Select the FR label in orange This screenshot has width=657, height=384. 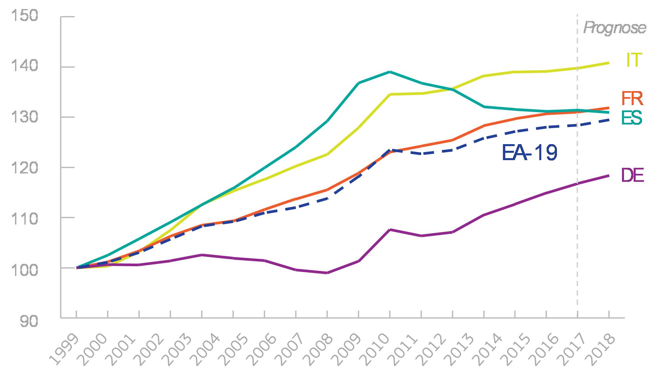pyautogui.click(x=632, y=99)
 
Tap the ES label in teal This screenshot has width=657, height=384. pyautogui.click(x=632, y=118)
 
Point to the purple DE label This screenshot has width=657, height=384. pyautogui.click(x=632, y=175)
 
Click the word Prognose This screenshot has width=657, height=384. pyautogui.click(x=614, y=28)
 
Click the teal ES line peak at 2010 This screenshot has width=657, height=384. pyautogui.click(x=390, y=72)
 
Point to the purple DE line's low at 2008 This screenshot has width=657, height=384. pyautogui.click(x=327, y=273)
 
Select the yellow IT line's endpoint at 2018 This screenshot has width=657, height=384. pyautogui.click(x=609, y=63)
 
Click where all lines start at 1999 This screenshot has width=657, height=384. pyautogui.click(x=77, y=268)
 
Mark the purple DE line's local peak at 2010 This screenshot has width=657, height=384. pyautogui.click(x=390, y=230)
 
